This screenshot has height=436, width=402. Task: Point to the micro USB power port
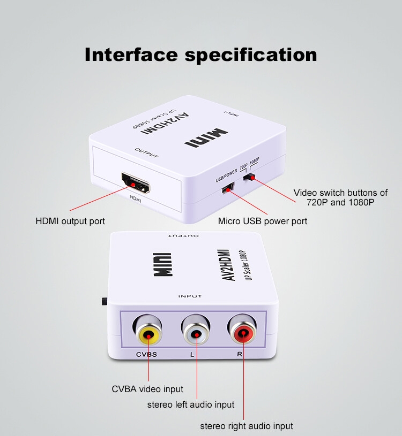[228, 188]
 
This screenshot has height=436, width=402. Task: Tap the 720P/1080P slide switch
[249, 177]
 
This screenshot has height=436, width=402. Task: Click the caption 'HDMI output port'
[70, 221]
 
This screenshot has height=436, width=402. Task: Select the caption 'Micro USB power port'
[263, 221]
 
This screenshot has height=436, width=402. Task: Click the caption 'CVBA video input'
[147, 389]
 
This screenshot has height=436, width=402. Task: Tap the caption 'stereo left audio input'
[191, 404]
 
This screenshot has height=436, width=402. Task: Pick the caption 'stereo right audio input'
[247, 426]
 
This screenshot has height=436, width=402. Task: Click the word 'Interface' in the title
[131, 55]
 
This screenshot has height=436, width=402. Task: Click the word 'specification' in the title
[251, 55]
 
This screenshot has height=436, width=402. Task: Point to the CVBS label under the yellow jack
[146, 354]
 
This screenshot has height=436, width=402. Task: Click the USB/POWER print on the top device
[227, 175]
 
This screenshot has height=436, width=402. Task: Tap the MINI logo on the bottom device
[163, 264]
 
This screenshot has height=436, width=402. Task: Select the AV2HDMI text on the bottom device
[227, 265]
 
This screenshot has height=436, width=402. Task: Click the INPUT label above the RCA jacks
[190, 296]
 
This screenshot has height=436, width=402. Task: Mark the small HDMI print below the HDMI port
[136, 199]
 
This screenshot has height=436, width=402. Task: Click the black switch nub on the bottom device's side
[104, 301]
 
